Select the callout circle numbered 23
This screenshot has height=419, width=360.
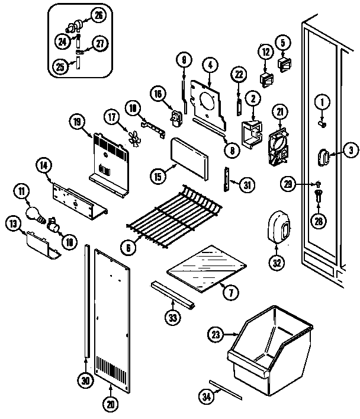[216, 335]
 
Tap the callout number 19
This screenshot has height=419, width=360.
[77, 122]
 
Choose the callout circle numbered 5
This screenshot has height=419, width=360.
[282, 42]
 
